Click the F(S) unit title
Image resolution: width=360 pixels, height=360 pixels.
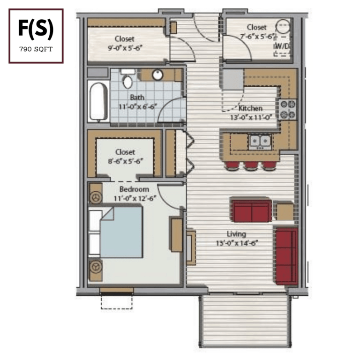tap(36, 28)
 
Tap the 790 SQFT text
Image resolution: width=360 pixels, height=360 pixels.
tap(36, 49)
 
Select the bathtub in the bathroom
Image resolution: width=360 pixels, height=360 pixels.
tap(99, 101)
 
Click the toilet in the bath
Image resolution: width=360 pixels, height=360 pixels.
tap(127, 79)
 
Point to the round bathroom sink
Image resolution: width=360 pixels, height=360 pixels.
tap(157, 75)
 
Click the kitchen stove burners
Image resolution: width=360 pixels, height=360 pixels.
tap(288, 110)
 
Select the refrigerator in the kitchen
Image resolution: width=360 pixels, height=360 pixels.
tap(233, 79)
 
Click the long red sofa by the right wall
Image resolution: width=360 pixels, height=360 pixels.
tap(286, 256)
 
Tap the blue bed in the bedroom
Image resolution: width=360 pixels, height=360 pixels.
tap(121, 232)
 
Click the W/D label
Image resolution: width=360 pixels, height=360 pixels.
tap(282, 46)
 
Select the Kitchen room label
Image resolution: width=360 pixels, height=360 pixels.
tap(250, 108)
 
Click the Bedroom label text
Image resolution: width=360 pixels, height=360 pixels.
tap(134, 189)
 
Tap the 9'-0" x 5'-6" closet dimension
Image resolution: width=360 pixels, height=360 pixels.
tap(125, 48)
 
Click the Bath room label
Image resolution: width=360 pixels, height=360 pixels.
tap(137, 97)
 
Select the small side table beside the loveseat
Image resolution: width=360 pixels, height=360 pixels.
tap(285, 211)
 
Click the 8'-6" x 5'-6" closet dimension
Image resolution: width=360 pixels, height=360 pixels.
tap(125, 161)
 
